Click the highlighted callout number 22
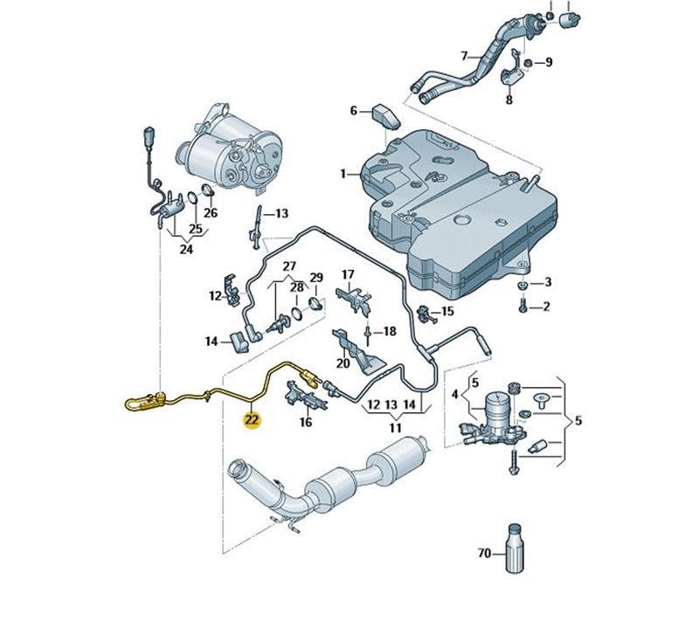pyautogui.click(x=252, y=420)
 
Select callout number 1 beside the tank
pyautogui.click(x=343, y=174)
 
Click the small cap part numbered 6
pyautogui.click(x=386, y=116)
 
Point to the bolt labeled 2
pyautogui.click(x=523, y=306)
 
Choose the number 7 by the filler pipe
pyautogui.click(x=465, y=56)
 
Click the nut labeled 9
pyautogui.click(x=528, y=62)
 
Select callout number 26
pyautogui.click(x=211, y=213)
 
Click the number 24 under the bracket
pyautogui.click(x=186, y=249)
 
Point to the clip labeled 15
pyautogui.click(x=427, y=314)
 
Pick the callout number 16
pyautogui.click(x=306, y=422)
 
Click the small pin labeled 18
pyautogui.click(x=368, y=335)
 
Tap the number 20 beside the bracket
pyautogui.click(x=343, y=363)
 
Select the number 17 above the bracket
pyautogui.click(x=348, y=274)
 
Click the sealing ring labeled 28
pyautogui.click(x=297, y=314)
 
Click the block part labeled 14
pyautogui.click(x=239, y=342)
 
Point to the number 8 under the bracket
pyautogui.click(x=509, y=100)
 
